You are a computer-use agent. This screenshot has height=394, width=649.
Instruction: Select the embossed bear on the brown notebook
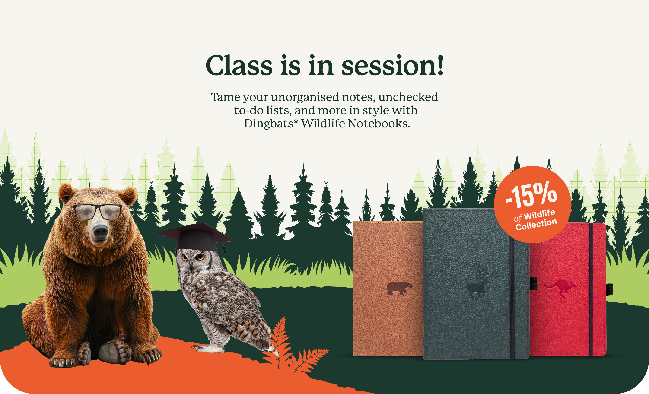coord(399,288)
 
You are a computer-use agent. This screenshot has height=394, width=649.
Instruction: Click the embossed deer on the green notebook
coord(477,284)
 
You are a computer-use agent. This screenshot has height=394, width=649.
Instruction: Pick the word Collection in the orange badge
coord(536,224)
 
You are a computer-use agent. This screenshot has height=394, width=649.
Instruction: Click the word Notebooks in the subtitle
coord(379,123)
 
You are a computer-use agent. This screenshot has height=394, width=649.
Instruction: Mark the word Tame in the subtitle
coord(226,97)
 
